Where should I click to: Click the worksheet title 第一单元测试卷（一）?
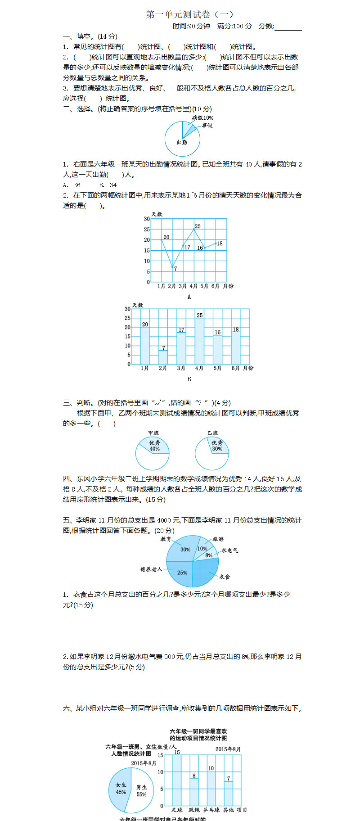coord(189,14)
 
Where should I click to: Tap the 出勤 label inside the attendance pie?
coord(182,142)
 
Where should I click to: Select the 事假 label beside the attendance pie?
coord(207,126)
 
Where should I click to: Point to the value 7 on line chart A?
coord(175,269)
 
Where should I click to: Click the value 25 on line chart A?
coord(198,226)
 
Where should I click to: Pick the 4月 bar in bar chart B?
coord(199,340)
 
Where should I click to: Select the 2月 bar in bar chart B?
coord(163,356)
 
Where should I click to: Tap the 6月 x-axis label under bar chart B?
coord(235,368)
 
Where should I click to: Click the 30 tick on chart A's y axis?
coord(147,219)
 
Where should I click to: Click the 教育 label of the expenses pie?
coord(166,539)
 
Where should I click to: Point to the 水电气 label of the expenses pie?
coord(229,550)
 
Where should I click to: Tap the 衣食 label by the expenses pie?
coord(225,577)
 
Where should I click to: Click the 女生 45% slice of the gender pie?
coord(120,789)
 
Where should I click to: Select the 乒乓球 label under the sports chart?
coord(211,810)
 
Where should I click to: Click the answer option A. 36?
coord(72,185)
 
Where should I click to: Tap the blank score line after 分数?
coord(288,27)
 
